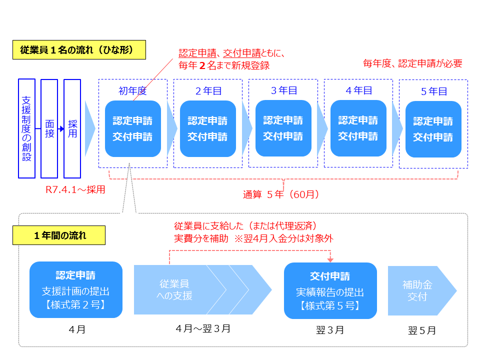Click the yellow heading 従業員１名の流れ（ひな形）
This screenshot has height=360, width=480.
click(79, 50)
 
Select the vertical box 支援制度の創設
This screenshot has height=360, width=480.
click(26, 128)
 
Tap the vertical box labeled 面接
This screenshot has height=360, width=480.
click(49, 128)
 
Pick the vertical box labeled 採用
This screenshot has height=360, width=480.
click(72, 128)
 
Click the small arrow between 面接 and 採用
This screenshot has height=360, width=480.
click(61, 129)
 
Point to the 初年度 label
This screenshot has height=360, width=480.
click(132, 90)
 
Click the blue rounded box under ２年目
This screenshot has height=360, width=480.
click(207, 128)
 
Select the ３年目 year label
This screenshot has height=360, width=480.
click(283, 90)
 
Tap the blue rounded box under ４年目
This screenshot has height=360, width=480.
click(358, 128)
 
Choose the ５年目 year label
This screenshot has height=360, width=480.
click(433, 91)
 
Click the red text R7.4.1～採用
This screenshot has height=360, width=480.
click(75, 190)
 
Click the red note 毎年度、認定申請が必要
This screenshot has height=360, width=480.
click(412, 63)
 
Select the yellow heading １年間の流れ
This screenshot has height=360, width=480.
click(59, 235)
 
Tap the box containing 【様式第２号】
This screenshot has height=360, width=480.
click(76, 289)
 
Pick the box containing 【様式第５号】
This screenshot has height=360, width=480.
click(330, 290)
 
